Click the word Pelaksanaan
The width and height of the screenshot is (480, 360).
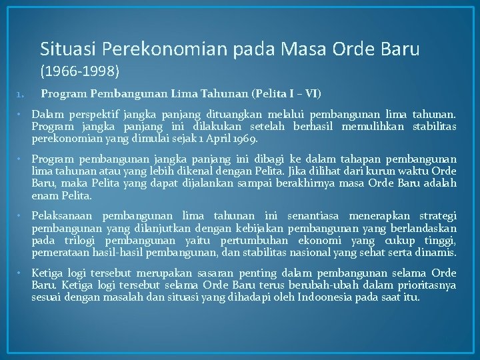pyautogui.click(x=64, y=215)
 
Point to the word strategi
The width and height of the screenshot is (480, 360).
pyautogui.click(x=437, y=215)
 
